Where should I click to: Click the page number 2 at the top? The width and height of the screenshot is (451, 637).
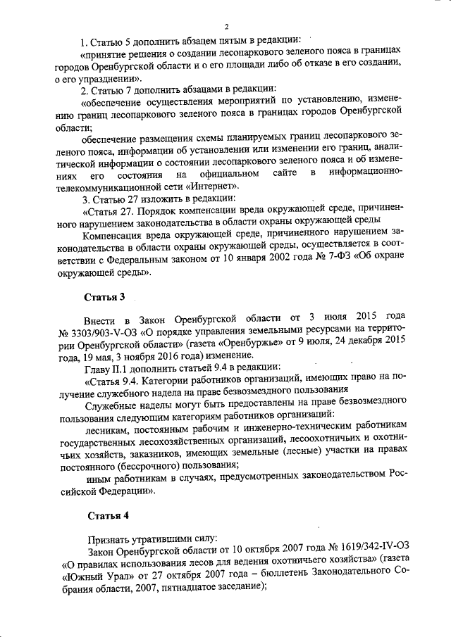pyautogui.click(x=227, y=27)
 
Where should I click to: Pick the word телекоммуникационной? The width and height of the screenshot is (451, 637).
pyautogui.click(x=117, y=187)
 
